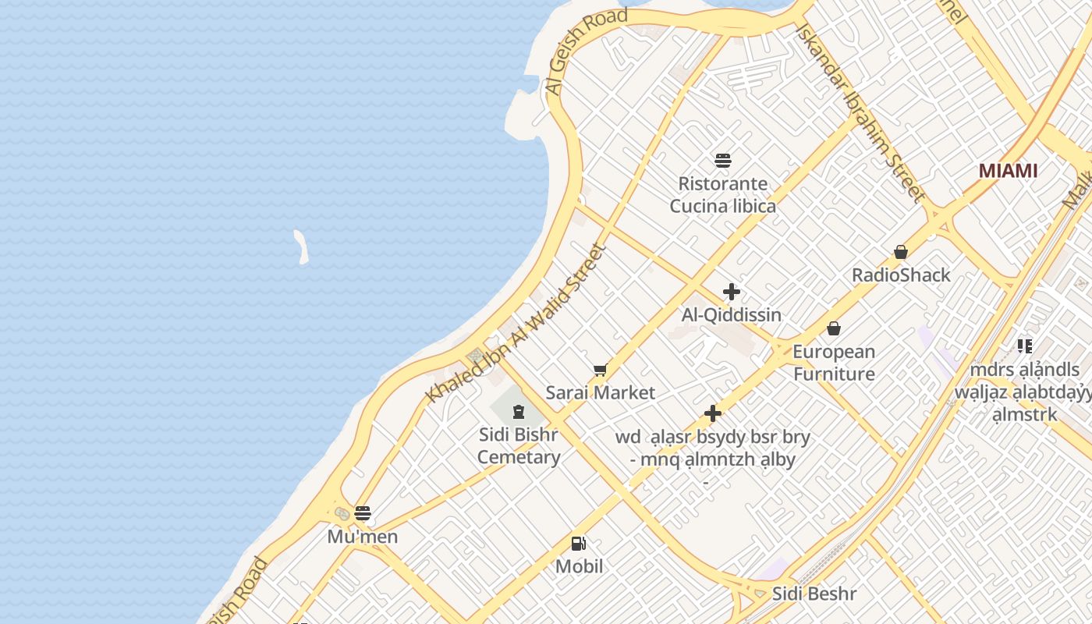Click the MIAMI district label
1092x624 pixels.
[1008, 171]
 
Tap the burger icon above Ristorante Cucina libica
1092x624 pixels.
[723, 161]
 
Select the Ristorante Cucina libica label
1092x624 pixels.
[723, 195]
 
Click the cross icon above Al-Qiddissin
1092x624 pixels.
[732, 292]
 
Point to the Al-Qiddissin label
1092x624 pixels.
[732, 315]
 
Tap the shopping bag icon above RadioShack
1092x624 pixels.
[901, 252]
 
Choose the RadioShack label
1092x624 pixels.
[901, 275]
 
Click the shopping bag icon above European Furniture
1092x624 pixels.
[834, 328]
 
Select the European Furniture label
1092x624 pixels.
[834, 363]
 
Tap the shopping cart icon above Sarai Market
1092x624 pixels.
[600, 370]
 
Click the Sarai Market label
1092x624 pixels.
[600, 393]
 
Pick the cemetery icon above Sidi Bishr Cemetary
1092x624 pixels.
[519, 411]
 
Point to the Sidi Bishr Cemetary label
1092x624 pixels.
[519, 445]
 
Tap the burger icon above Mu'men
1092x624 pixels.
[363, 513]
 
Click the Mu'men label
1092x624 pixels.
[363, 537]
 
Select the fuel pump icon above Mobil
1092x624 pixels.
[579, 544]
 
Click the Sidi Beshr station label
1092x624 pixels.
[814, 594]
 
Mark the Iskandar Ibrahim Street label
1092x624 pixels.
[860, 112]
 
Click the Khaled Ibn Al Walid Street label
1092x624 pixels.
[516, 324]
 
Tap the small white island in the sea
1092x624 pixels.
[301, 246]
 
